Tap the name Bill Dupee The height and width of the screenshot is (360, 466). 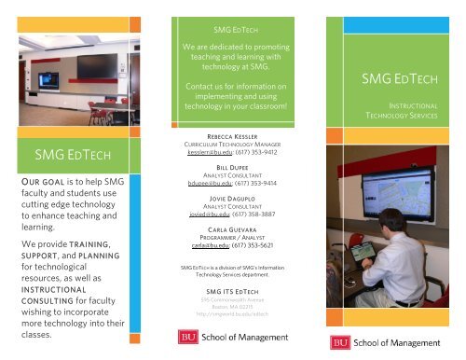click(x=232, y=170)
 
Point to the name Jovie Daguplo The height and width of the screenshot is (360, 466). click(x=232, y=200)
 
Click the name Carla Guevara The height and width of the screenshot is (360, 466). click(x=232, y=228)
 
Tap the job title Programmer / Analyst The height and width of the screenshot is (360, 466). click(x=232, y=237)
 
